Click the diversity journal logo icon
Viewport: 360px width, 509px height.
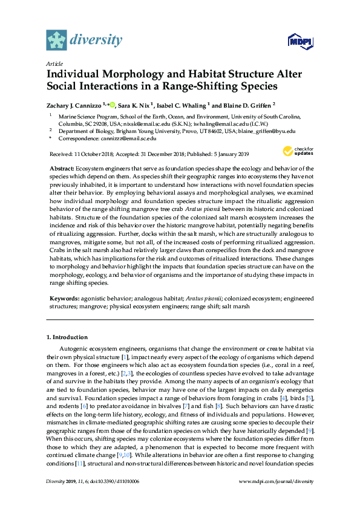pyautogui.click(x=56, y=39)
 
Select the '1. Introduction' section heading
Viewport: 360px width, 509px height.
pyautogui.click(x=67, y=337)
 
